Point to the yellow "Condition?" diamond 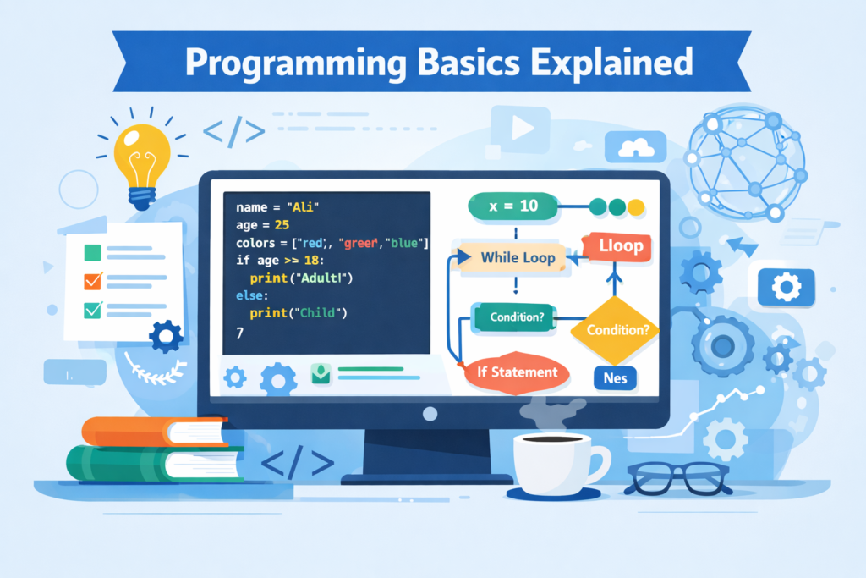tap(617, 330)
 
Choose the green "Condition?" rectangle tap(511, 318)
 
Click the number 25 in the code tap(282, 225)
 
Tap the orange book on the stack tap(152, 431)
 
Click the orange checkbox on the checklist tap(93, 281)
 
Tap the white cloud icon tap(637, 147)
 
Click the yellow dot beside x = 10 tap(637, 206)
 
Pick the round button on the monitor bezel tap(430, 414)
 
